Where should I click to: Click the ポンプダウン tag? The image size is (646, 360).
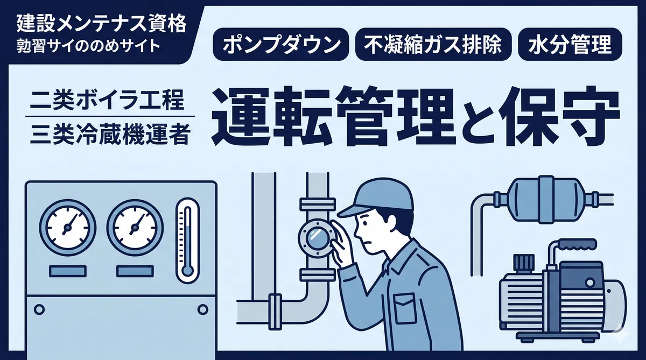click(x=280, y=44)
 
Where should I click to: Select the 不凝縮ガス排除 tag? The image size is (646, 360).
click(x=433, y=44)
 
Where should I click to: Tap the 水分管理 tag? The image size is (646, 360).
click(x=570, y=44)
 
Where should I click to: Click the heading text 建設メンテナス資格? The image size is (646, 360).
click(x=102, y=24)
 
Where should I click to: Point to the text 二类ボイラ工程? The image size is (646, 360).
click(x=107, y=100)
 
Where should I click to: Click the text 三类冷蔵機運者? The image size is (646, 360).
click(x=110, y=135)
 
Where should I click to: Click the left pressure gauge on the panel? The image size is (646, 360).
click(x=68, y=228)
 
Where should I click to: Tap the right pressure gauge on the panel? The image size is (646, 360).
click(x=135, y=228)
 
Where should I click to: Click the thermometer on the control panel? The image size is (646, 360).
click(x=187, y=241)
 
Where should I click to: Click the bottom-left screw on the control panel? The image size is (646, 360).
click(x=39, y=309)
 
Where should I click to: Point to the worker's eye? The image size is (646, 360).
click(x=365, y=224)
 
